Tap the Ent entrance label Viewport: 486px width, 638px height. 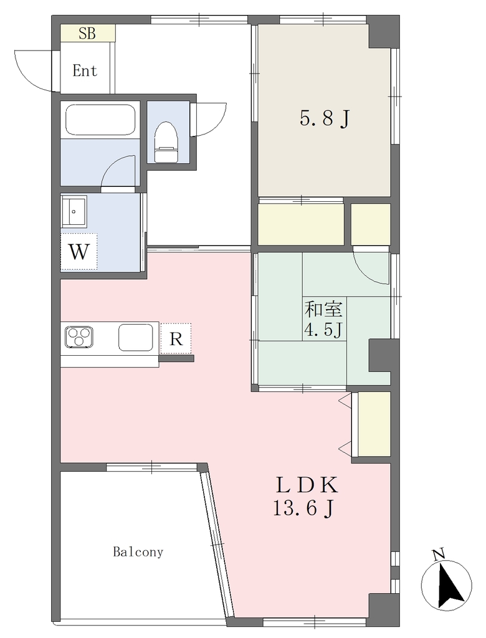click(x=85, y=71)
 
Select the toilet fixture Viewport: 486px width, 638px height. click(x=166, y=142)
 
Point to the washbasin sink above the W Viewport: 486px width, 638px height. click(x=74, y=211)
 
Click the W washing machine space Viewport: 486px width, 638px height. click(x=79, y=252)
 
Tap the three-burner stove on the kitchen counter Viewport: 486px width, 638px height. click(x=79, y=336)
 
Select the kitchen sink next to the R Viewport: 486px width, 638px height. click(x=136, y=337)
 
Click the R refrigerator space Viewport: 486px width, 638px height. click(x=176, y=338)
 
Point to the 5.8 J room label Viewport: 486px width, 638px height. click(x=325, y=119)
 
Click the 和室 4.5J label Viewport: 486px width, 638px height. click(x=324, y=320)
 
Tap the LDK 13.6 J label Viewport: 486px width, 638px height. click(x=306, y=496)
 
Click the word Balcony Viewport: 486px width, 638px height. click(x=138, y=552)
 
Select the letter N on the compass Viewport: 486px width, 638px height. click(x=437, y=555)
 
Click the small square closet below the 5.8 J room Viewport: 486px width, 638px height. click(x=370, y=224)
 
